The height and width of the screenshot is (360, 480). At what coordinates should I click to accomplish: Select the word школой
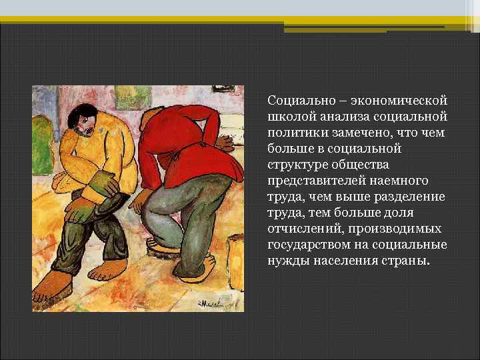[287, 117]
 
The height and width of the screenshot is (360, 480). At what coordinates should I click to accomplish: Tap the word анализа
[335, 117]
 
